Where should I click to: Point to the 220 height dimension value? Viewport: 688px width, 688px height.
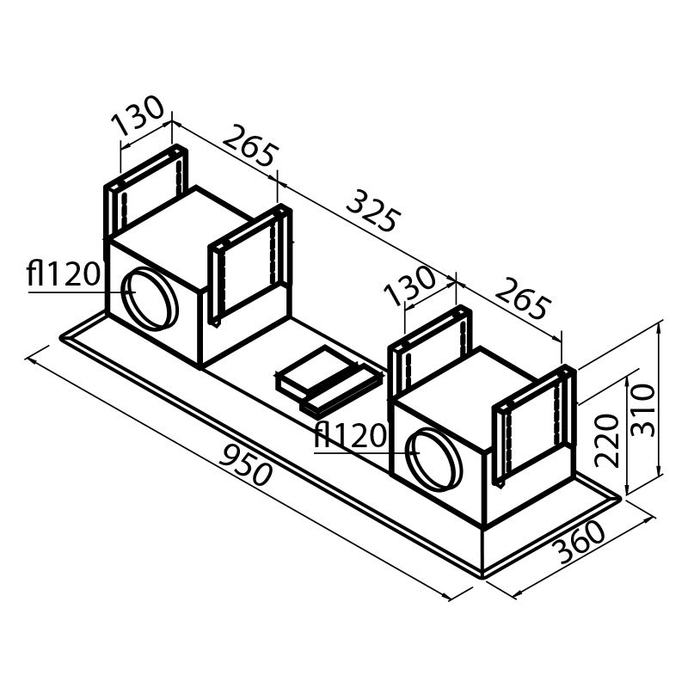(x=608, y=439)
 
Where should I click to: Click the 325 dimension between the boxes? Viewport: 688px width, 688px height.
(x=372, y=210)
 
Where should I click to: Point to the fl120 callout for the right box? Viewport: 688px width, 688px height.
(x=350, y=436)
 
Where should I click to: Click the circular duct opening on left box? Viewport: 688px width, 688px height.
(x=150, y=298)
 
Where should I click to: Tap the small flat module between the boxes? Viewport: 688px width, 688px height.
(x=327, y=379)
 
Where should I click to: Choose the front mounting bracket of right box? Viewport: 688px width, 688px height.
(x=533, y=421)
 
